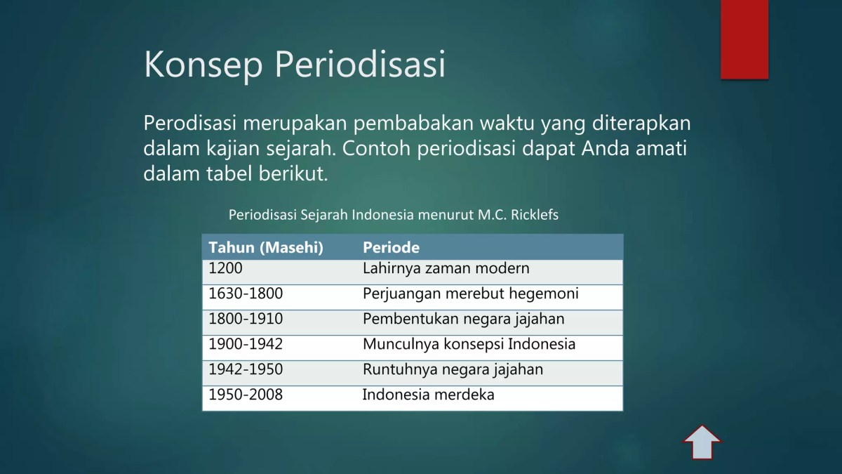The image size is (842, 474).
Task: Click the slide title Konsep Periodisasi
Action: point(295,65)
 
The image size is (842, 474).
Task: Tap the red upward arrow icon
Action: point(702,442)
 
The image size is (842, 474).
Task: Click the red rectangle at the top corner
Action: point(744,39)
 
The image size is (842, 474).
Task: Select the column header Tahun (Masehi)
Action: point(266,247)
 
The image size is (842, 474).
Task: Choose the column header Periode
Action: point(391,247)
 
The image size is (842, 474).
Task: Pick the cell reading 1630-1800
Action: point(246,294)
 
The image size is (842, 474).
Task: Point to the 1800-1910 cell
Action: point(246,319)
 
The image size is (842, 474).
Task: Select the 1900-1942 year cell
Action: point(246,344)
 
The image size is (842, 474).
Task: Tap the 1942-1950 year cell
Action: point(246,369)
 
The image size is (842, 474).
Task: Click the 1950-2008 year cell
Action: point(246,395)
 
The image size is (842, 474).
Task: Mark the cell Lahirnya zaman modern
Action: point(446,268)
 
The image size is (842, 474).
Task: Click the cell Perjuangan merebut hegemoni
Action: point(470,294)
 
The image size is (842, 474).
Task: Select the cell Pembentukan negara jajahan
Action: point(463,319)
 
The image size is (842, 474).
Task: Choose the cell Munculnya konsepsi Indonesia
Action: point(469,344)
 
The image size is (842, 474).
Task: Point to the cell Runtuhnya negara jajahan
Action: point(453,369)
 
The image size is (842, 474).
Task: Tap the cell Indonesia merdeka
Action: point(428,395)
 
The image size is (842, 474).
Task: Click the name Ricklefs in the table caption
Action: point(535,215)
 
